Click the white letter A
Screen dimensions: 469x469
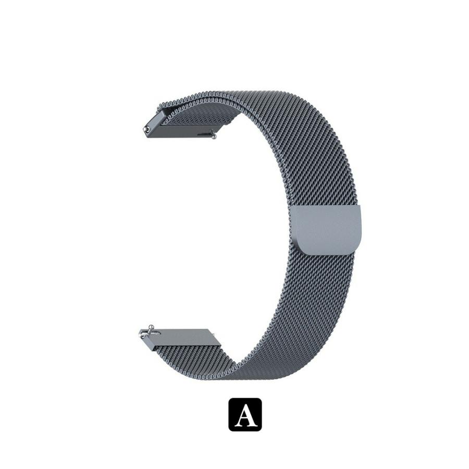pyautogui.click(x=245, y=415)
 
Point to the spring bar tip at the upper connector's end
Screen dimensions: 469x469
pyautogui.click(x=147, y=129)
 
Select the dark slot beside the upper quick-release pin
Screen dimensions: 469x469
pyautogui.click(x=204, y=134)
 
